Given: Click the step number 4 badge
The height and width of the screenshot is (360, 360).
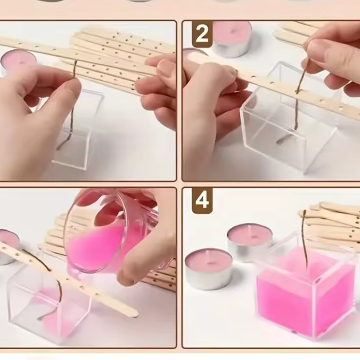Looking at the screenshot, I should tap(202, 200).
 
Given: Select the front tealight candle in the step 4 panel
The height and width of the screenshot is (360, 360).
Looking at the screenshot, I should tap(208, 268).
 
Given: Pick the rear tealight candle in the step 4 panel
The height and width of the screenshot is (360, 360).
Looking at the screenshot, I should tap(250, 241).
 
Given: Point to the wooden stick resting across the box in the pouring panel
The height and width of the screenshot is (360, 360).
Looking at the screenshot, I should tap(71, 279).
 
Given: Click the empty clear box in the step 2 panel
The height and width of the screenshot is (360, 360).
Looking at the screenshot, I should tap(289, 128).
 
